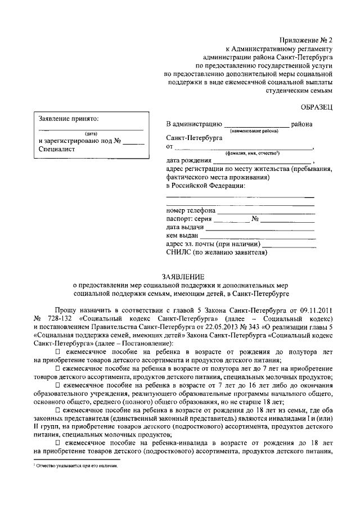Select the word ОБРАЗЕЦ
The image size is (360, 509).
[315, 106]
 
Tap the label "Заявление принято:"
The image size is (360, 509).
[68, 119]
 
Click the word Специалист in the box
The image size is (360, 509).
[56, 150]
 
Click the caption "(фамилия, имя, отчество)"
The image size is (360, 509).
[253, 153]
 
